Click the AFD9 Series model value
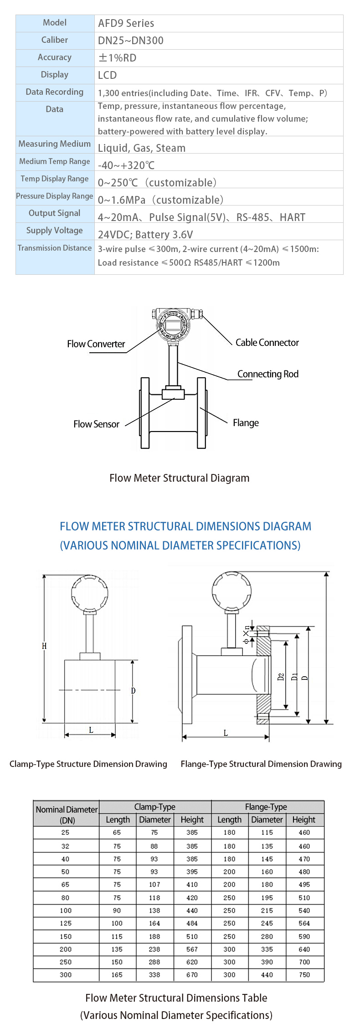pyautogui.click(x=126, y=23)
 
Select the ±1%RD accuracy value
pyautogui.click(x=117, y=58)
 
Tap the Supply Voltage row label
pyautogui.click(x=55, y=231)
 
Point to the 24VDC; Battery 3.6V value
pyautogui.click(x=145, y=235)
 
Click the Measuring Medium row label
pyautogui.click(x=55, y=144)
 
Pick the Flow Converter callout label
pyautogui.click(x=96, y=344)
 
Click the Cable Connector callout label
pyautogui.click(x=267, y=343)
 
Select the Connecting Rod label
pyautogui.click(x=268, y=374)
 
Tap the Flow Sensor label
pyautogui.click(x=96, y=424)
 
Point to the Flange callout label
pyautogui.click(x=246, y=423)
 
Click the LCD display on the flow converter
pyautogui.click(x=173, y=324)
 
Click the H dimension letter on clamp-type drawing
pyautogui.click(x=44, y=646)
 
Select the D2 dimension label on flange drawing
pyautogui.click(x=281, y=677)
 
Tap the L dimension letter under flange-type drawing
pyautogui.click(x=226, y=733)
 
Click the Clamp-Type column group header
pyautogui.click(x=155, y=807)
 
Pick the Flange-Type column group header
pyautogui.click(x=266, y=807)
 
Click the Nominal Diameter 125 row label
pyautogui.click(x=66, y=923)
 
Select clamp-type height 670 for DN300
pyautogui.click(x=192, y=975)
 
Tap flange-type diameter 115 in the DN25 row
pyautogui.click(x=267, y=833)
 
